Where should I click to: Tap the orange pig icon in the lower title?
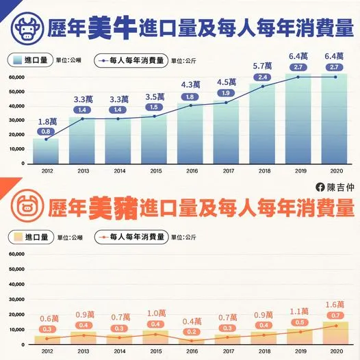tap(28, 205)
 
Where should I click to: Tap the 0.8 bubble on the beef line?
tap(46, 131)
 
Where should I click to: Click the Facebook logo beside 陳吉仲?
tap(318, 187)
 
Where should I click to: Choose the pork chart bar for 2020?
tap(335, 333)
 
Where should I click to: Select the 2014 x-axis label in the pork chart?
tap(118, 350)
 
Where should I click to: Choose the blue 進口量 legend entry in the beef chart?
tap(31, 60)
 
